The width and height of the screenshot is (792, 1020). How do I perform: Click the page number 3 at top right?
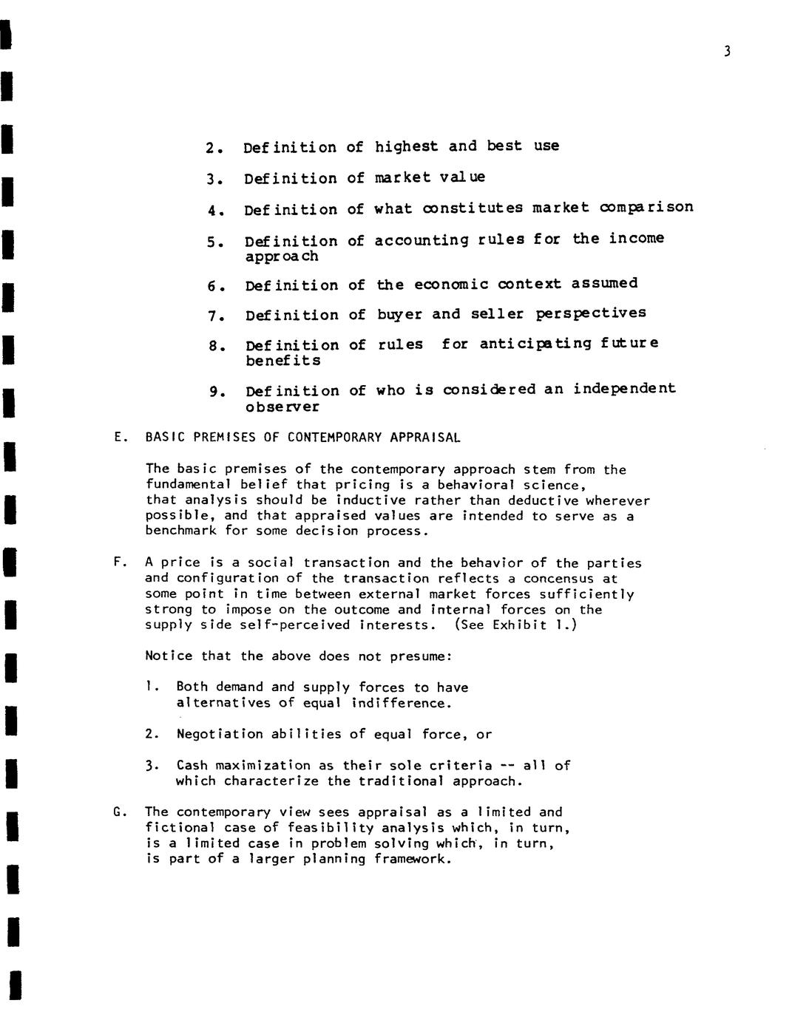coord(727,51)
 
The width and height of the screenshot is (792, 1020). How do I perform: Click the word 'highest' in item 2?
coord(406,146)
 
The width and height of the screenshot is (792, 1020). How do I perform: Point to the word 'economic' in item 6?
coord(451,285)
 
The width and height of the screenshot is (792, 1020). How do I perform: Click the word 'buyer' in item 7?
coord(399,315)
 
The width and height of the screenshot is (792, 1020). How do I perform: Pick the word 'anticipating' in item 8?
coord(535,344)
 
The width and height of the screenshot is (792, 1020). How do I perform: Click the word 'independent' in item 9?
coord(624,389)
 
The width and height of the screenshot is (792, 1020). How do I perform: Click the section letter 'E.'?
coord(121,437)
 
